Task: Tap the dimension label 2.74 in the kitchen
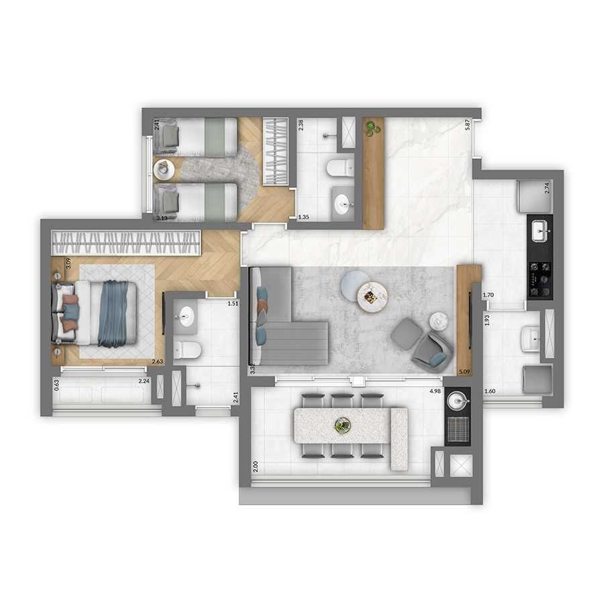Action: pyautogui.click(x=547, y=188)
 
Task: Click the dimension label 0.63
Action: pyautogui.click(x=57, y=385)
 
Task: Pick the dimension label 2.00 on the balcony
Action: pyautogui.click(x=256, y=466)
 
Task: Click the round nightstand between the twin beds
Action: pyautogui.click(x=164, y=168)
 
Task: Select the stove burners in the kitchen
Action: pyautogui.click(x=540, y=278)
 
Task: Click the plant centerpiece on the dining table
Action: pyautogui.click(x=343, y=425)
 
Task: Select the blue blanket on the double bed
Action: pyautogui.click(x=114, y=313)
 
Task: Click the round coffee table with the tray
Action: pyautogui.click(x=372, y=296)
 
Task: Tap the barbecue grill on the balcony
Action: pyautogui.click(x=459, y=427)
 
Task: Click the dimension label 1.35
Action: pyautogui.click(x=303, y=217)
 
